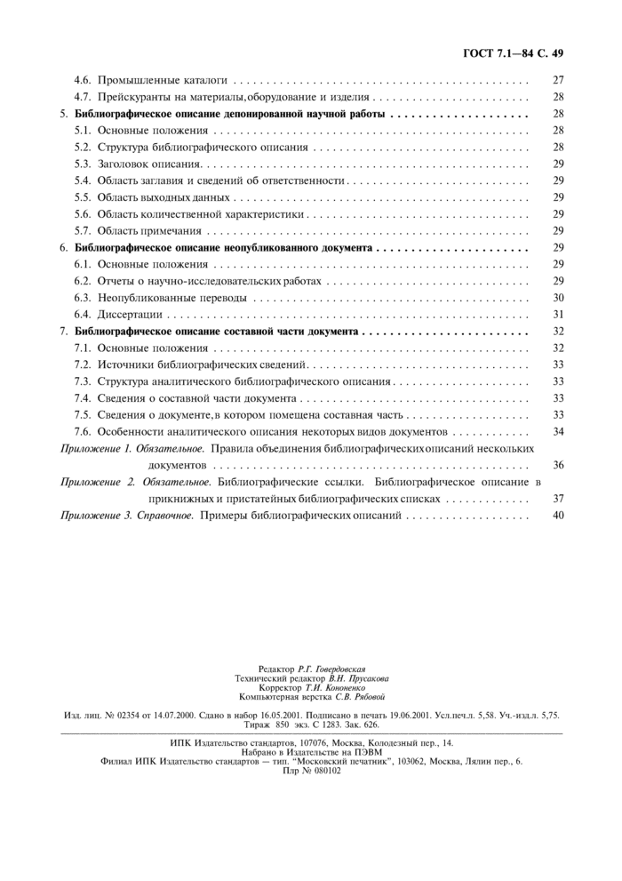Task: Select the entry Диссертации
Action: point(130,314)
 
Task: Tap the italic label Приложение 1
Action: point(95,448)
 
